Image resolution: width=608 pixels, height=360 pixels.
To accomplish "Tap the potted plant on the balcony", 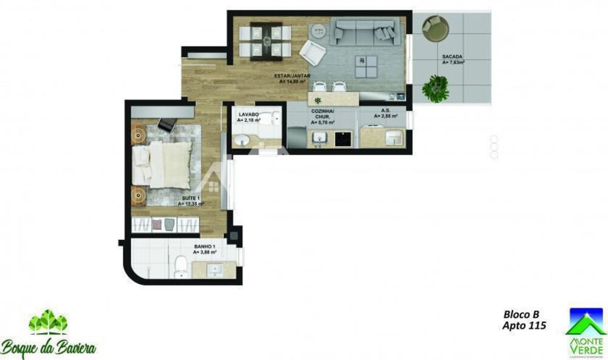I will tap(435, 88).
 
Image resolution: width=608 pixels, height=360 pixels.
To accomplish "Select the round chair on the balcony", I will tap(435, 28).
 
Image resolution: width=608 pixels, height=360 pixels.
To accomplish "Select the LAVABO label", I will tap(249, 114).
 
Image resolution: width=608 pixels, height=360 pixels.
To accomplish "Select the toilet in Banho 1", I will tap(181, 266).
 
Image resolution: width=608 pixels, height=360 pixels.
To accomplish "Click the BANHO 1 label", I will tap(204, 247).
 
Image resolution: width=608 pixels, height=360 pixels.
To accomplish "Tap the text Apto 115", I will tap(523, 326).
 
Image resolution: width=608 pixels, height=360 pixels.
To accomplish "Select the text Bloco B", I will tap(521, 315).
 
